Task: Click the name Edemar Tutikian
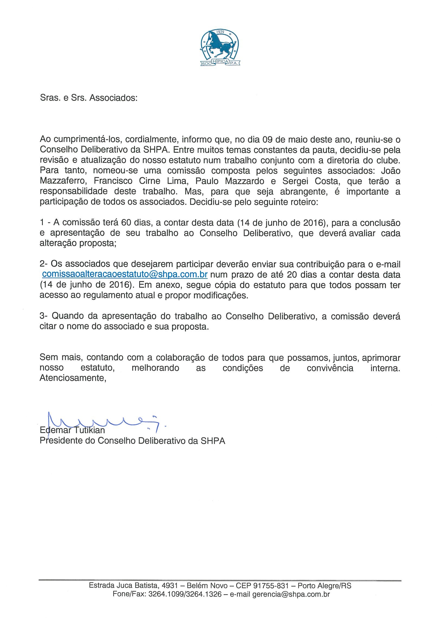point(72,430)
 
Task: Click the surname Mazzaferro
point(63,181)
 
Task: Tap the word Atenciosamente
point(73,378)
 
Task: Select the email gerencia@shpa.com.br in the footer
point(291,594)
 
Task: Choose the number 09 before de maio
point(268,140)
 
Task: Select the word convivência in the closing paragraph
point(330,368)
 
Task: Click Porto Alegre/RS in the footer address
point(324,586)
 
